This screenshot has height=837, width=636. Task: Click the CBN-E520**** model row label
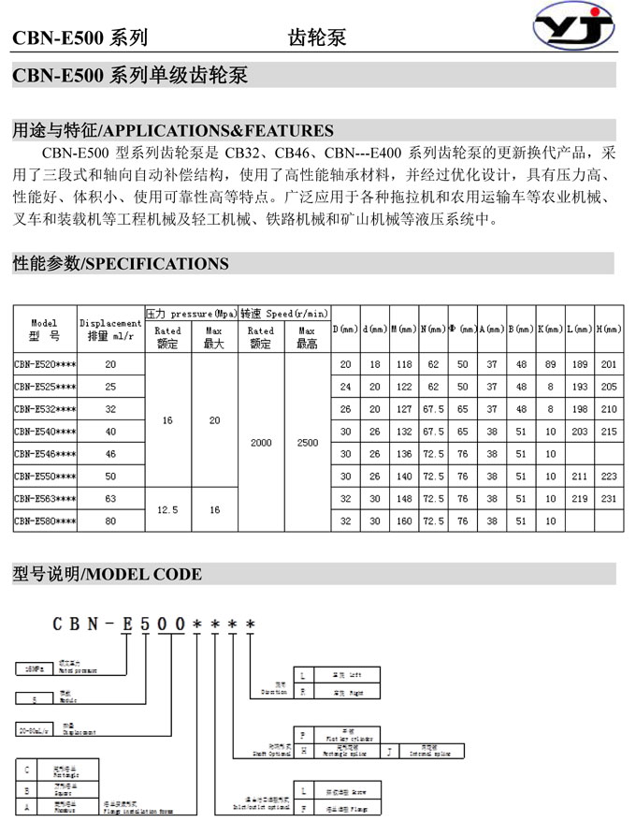pyautogui.click(x=45, y=364)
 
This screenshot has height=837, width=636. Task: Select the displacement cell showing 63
pyautogui.click(x=111, y=500)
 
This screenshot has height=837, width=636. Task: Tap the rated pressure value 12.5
pyautogui.click(x=167, y=510)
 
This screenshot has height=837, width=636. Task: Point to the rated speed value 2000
pyautogui.click(x=261, y=442)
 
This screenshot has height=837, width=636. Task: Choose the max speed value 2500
pyautogui.click(x=307, y=442)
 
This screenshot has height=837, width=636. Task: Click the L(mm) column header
pyautogui.click(x=579, y=330)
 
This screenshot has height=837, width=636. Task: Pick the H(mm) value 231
pyautogui.click(x=609, y=500)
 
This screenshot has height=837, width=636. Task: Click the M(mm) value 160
pyautogui.click(x=404, y=521)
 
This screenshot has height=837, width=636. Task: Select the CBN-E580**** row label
pyautogui.click(x=45, y=521)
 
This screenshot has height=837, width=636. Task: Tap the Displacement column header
pyautogui.click(x=111, y=330)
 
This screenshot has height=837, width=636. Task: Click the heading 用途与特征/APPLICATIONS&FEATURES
pyautogui.click(x=173, y=130)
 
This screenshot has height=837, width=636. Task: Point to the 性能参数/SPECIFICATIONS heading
pyautogui.click(x=121, y=263)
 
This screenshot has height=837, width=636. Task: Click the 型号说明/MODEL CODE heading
pyautogui.click(x=108, y=574)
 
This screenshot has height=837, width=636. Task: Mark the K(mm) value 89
pyautogui.click(x=550, y=364)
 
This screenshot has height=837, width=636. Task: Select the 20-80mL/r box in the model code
pyautogui.click(x=34, y=727)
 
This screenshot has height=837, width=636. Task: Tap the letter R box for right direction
pyautogui.click(x=302, y=693)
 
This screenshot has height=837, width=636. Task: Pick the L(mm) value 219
pyautogui.click(x=579, y=500)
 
